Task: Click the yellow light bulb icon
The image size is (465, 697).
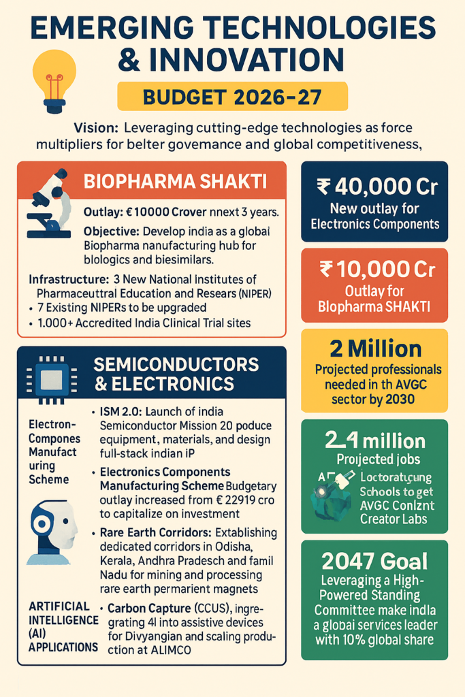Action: point(54,81)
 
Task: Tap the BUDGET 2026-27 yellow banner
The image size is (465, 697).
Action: point(232,97)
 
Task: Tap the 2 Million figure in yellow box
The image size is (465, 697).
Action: point(374,349)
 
